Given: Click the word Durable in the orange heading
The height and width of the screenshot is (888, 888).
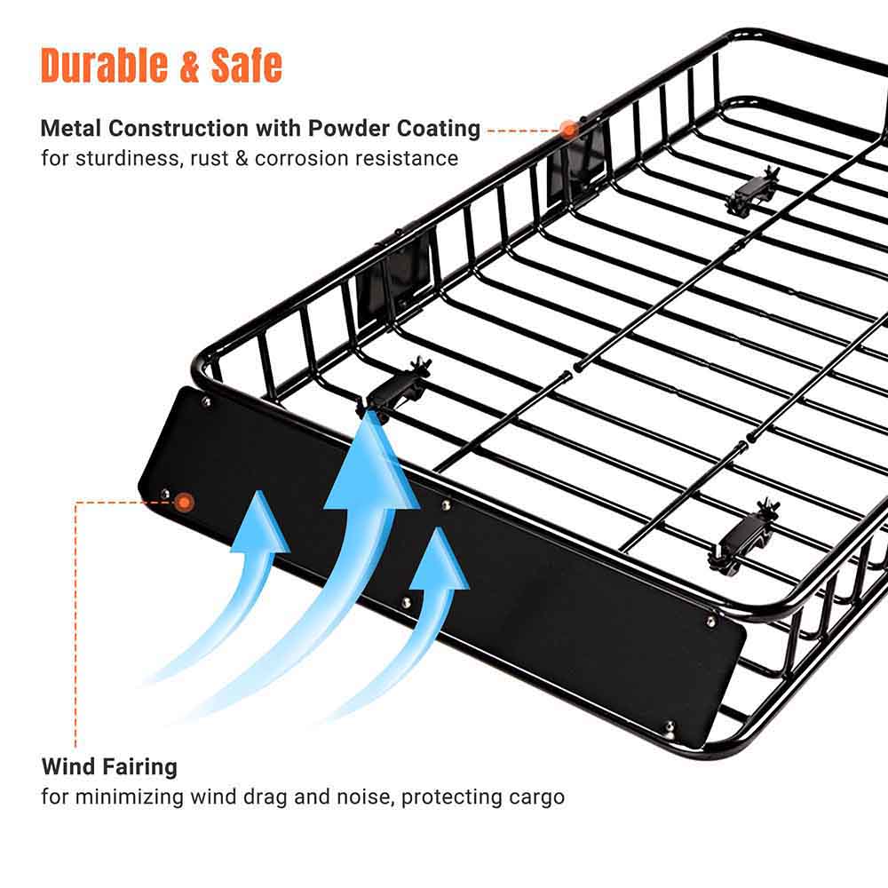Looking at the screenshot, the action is tap(104, 65).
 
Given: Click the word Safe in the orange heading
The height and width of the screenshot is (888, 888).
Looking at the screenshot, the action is tap(246, 65).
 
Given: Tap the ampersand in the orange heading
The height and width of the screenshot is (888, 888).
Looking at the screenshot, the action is tap(188, 66).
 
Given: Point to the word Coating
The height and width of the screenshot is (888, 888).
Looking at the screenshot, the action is tap(439, 130).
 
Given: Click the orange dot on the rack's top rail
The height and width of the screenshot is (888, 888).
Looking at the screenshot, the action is tap(568, 130).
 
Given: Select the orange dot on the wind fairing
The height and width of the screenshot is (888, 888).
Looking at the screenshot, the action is tap(184, 503).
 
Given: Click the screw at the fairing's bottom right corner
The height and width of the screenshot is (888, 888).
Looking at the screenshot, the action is tap(669, 726).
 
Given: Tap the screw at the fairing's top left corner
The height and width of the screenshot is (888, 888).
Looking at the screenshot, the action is tap(206, 401).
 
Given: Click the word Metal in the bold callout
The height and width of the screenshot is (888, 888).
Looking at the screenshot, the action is tap(71, 129).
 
